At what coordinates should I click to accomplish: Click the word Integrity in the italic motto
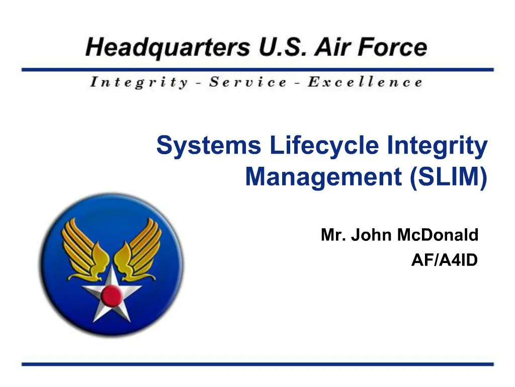(x=139, y=82)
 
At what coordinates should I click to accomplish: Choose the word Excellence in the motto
(x=365, y=82)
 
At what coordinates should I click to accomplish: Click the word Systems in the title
(x=209, y=147)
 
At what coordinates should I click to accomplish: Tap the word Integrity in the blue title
(x=438, y=147)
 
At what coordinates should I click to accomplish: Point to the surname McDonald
(x=438, y=235)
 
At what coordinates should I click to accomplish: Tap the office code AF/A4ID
(x=444, y=260)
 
